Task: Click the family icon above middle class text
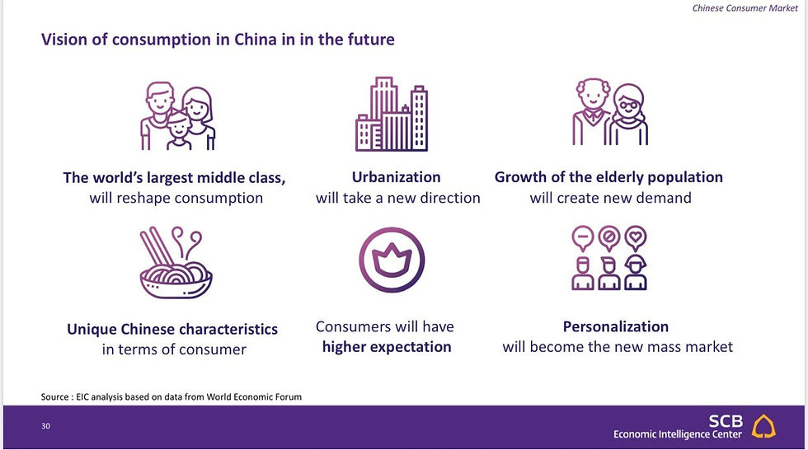pyautogui.click(x=178, y=116)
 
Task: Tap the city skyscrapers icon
pyautogui.click(x=392, y=115)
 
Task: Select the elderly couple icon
pyautogui.click(x=610, y=112)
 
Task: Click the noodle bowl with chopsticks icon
pyautogui.click(x=176, y=263)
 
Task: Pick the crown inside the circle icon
pyautogui.click(x=392, y=260)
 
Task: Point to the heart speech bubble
pyautogui.click(x=636, y=238)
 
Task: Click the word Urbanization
pyautogui.click(x=396, y=177)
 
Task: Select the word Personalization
pyautogui.click(x=615, y=326)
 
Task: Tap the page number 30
pyautogui.click(x=46, y=426)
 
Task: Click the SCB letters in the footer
pyautogui.click(x=726, y=421)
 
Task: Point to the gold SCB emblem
pyautogui.click(x=763, y=426)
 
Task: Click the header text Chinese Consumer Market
pyautogui.click(x=745, y=7)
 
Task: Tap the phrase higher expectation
pyautogui.click(x=387, y=347)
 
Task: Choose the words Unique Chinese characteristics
pyautogui.click(x=172, y=329)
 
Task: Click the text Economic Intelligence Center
pyautogui.click(x=678, y=434)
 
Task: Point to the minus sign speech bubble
pyautogui.click(x=583, y=238)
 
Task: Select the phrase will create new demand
pyautogui.click(x=611, y=198)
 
